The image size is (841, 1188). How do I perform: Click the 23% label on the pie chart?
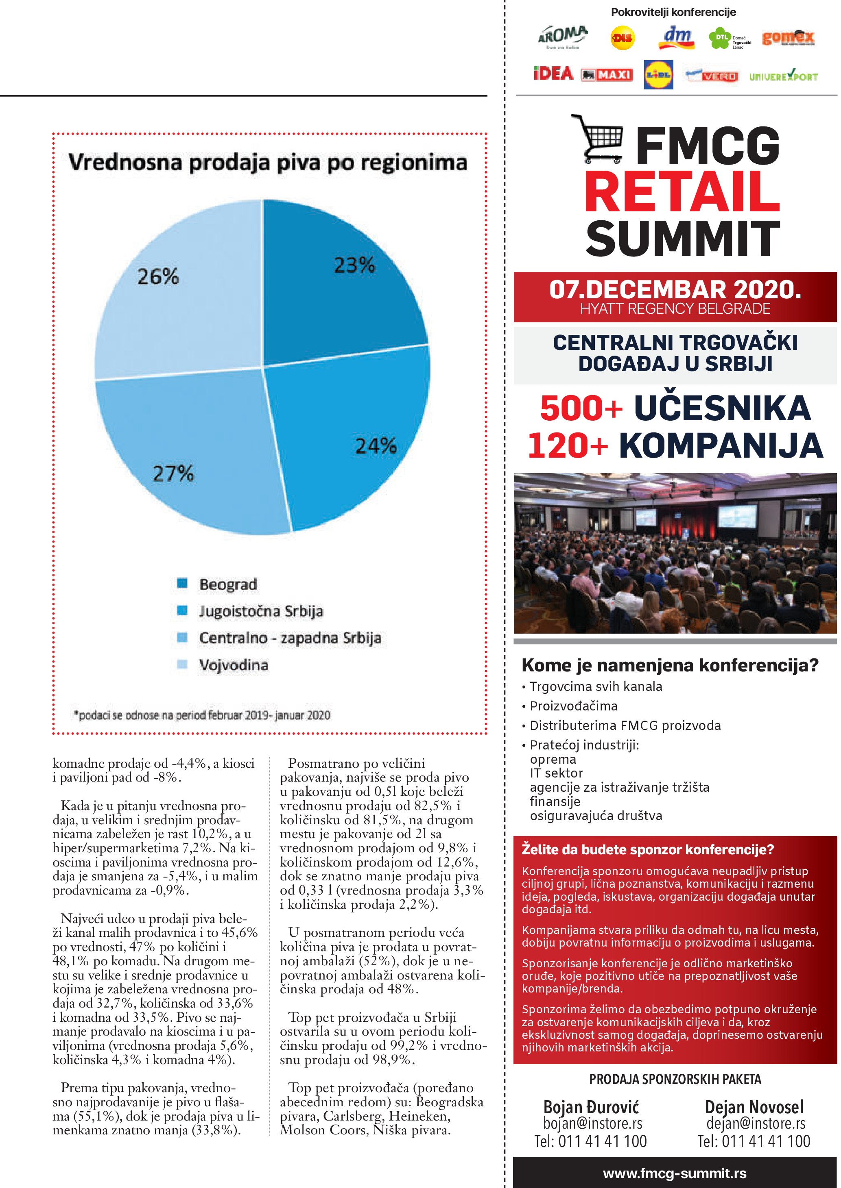click(x=354, y=265)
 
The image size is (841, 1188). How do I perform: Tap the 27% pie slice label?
click(x=173, y=473)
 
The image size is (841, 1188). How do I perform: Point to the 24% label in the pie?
click(x=376, y=445)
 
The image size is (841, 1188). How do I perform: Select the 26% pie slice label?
click(x=158, y=276)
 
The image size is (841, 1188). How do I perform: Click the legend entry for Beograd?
click(x=227, y=584)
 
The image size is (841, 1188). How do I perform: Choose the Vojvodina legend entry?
click(x=234, y=665)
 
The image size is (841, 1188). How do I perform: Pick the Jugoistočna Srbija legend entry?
click(x=260, y=611)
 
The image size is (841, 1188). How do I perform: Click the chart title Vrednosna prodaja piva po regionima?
click(x=268, y=162)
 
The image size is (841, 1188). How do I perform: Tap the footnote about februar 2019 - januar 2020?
click(x=202, y=715)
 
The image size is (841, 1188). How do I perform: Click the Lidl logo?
click(x=658, y=74)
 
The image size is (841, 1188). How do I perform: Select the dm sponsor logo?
click(x=677, y=37)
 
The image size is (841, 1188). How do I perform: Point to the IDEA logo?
click(x=553, y=74)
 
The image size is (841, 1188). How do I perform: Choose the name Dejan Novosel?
click(x=754, y=1107)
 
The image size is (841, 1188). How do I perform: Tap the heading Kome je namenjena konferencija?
click(x=670, y=665)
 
